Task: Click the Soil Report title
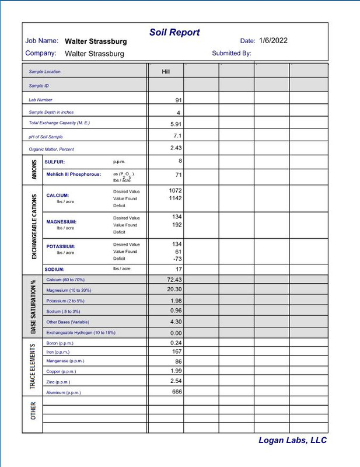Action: point(174,33)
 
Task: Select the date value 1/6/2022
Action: point(273,41)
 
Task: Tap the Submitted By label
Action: point(232,53)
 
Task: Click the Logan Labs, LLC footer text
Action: point(292,441)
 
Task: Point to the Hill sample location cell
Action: point(166,72)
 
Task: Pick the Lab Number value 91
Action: point(179,100)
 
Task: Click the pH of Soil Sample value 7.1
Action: point(177,136)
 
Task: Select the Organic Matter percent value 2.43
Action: point(176,148)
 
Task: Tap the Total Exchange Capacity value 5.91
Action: point(176,124)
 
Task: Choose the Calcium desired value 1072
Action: point(176,191)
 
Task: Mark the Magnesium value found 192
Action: point(177,225)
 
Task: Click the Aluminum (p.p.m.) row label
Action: point(63,393)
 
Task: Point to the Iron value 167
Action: point(177,352)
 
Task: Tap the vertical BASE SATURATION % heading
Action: point(33,306)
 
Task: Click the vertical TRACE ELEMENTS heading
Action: point(33,367)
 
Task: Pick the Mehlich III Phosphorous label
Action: point(74,174)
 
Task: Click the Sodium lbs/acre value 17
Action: point(179,269)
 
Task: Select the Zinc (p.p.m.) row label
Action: point(58,382)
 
